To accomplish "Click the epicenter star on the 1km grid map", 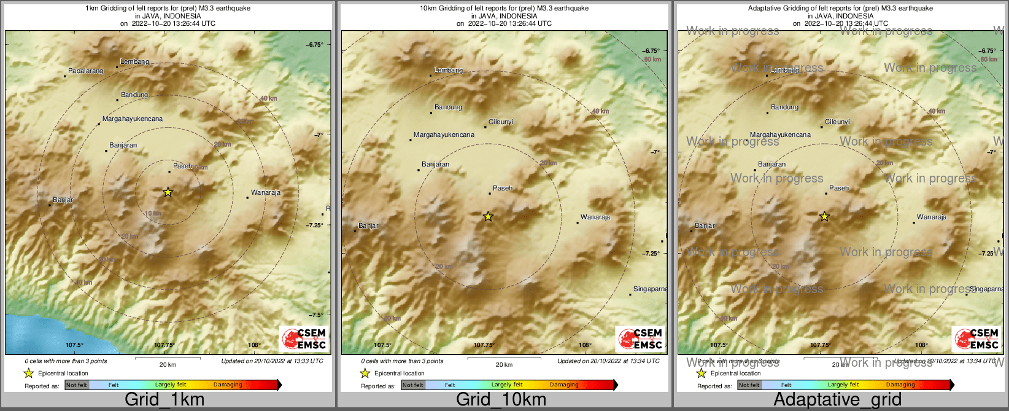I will [168, 192].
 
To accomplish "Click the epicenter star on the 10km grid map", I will [488, 216].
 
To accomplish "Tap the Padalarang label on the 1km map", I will [85, 71].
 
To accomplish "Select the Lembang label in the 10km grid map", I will [448, 71].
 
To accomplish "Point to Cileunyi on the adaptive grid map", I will [837, 122].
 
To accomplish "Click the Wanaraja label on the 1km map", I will [265, 193].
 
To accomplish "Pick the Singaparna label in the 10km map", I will [650, 289].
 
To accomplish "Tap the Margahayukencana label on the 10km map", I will [444, 135].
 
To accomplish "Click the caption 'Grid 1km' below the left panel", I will [164, 399].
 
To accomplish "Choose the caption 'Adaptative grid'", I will [837, 399].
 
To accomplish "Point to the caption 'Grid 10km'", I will [501, 399].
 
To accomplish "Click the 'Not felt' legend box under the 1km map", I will [77, 385].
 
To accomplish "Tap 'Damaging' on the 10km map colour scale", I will [564, 385].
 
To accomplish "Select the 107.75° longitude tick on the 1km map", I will [164, 345].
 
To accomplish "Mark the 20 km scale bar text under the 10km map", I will [504, 365].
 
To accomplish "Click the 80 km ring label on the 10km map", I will [652, 60].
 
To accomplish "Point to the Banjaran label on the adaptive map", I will [771, 165].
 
